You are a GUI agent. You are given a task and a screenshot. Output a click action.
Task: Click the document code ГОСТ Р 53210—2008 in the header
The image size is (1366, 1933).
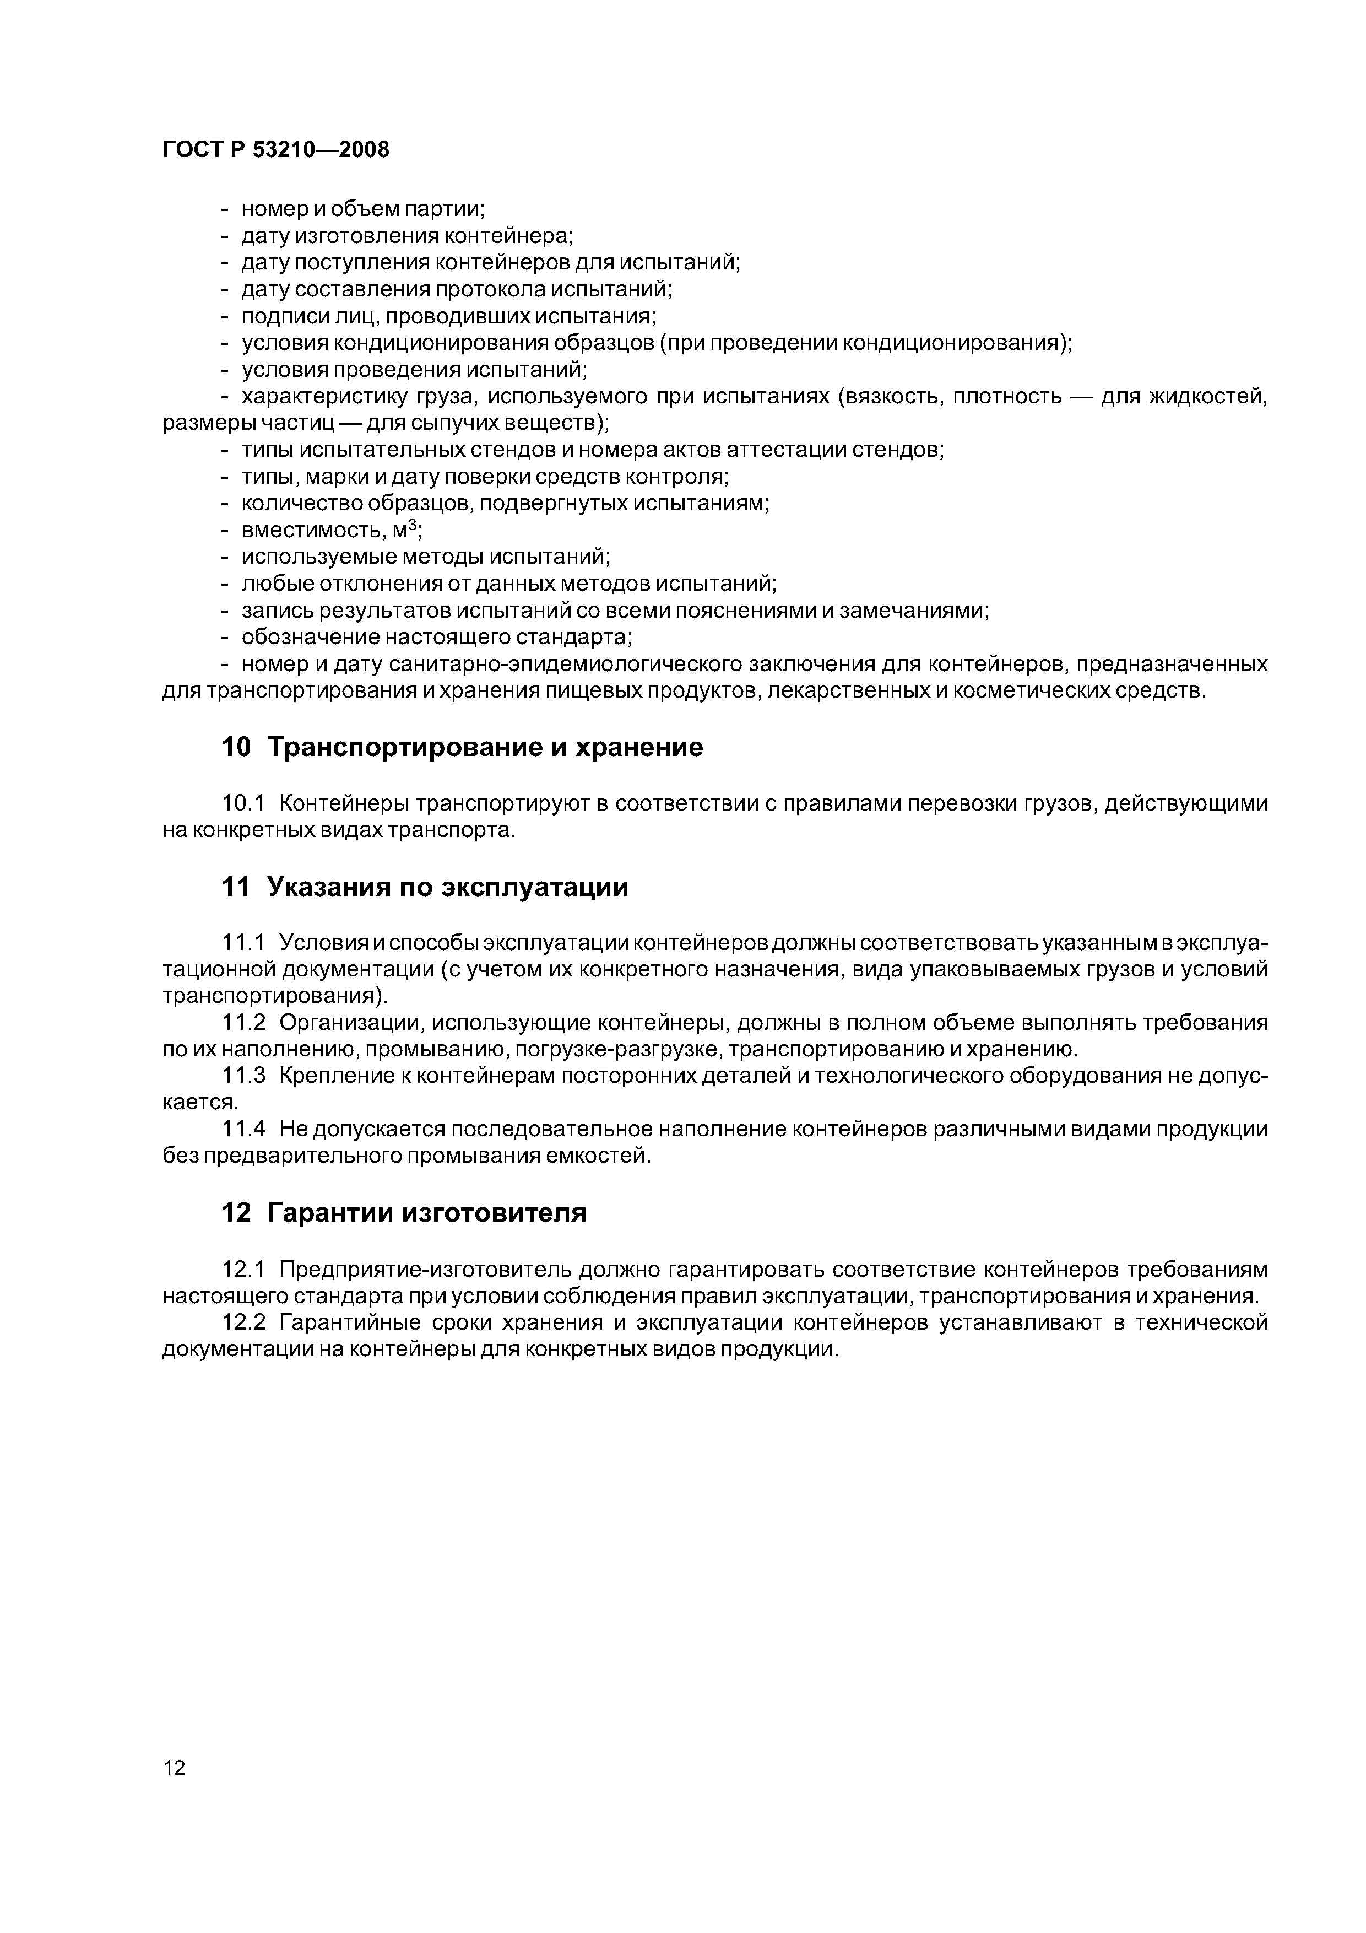pos(275,150)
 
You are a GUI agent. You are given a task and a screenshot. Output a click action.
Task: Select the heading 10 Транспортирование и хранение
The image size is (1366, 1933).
pos(461,747)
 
